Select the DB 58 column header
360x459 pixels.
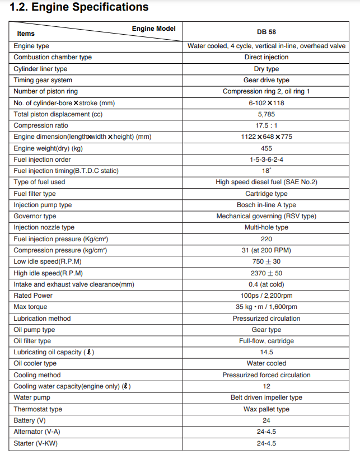[x=267, y=32]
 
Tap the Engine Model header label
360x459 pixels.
[x=153, y=29]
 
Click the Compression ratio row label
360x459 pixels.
[x=41, y=125]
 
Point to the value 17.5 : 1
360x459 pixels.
[x=267, y=125]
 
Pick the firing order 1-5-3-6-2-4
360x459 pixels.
[x=267, y=160]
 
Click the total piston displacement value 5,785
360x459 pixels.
[x=267, y=114]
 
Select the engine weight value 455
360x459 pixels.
[x=267, y=148]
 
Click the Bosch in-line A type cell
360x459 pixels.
[x=267, y=205]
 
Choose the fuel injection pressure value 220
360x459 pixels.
[x=267, y=239]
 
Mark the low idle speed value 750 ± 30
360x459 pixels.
[x=267, y=261]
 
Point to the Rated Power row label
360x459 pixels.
[x=33, y=296]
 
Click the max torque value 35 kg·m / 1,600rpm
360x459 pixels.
[x=267, y=307]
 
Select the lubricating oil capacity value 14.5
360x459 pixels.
[x=267, y=352]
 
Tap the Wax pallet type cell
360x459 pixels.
[x=267, y=409]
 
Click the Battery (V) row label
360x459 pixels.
[x=30, y=420]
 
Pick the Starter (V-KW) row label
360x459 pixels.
[x=35, y=443]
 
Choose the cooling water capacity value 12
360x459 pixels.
[x=267, y=386]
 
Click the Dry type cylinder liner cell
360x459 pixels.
[x=267, y=69]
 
